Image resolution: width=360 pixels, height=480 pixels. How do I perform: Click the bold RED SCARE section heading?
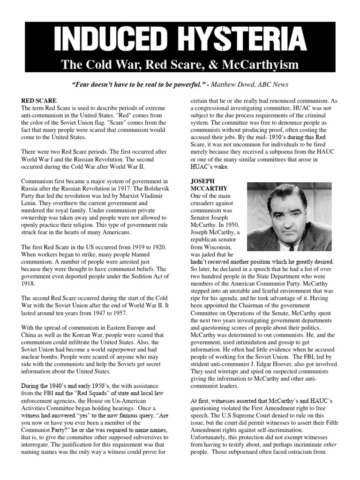pyautogui.click(x=39, y=101)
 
